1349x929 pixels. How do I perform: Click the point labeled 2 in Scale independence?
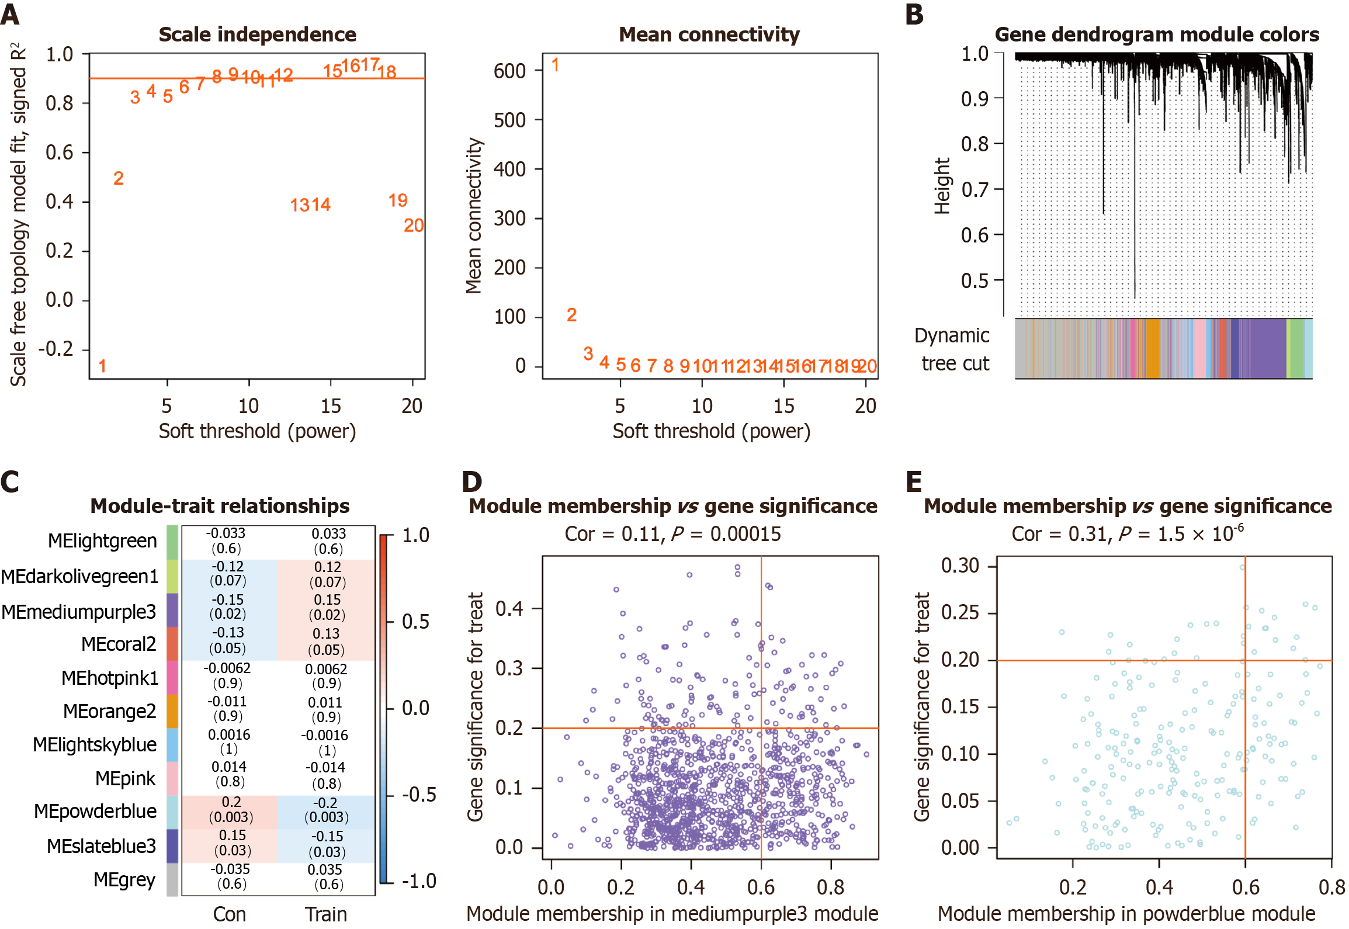coord(119,178)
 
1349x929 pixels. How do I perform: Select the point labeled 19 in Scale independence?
coord(398,200)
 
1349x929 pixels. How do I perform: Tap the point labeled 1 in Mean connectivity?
coord(555,65)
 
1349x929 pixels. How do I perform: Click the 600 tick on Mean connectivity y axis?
coord(509,71)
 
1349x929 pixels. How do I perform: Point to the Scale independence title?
coord(257,35)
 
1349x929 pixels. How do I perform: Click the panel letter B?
coord(914,14)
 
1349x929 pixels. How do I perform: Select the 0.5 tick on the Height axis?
coord(975,280)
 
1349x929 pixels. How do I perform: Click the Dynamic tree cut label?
coord(952,349)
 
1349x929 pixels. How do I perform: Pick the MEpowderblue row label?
coord(95,811)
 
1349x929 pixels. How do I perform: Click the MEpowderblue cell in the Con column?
coord(230,809)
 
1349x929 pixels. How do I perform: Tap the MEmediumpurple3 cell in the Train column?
coord(327,607)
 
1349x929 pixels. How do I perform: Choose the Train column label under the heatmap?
coord(325,914)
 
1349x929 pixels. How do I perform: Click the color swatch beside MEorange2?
coord(172,710)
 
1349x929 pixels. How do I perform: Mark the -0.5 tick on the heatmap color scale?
coord(418,794)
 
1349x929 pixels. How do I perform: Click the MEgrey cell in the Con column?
coord(230,876)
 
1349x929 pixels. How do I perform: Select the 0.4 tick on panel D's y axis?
coord(509,609)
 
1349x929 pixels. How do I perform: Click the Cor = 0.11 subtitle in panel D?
coord(672,533)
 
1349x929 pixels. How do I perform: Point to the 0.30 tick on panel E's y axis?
coord(959,565)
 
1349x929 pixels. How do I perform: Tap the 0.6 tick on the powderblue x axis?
coord(1245,887)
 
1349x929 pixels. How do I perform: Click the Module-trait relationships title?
coord(220,506)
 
